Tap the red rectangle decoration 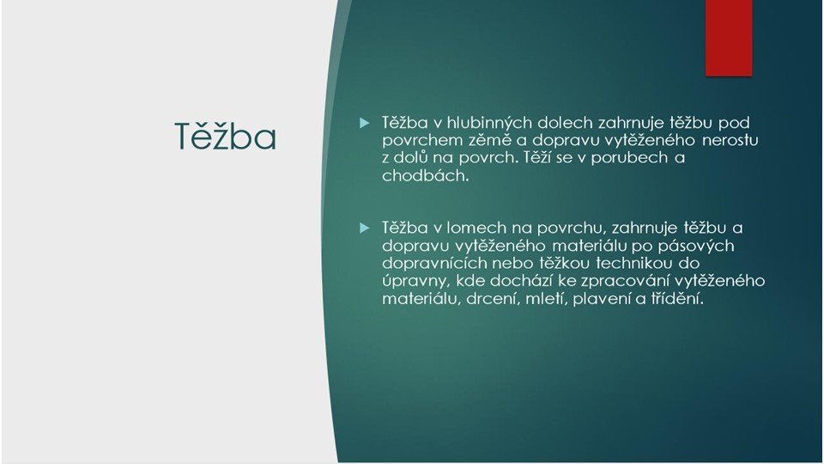[729, 37]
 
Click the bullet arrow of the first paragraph [364, 123]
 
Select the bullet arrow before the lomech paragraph [364, 228]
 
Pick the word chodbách [425, 175]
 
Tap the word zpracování [620, 281]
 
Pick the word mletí [547, 299]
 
